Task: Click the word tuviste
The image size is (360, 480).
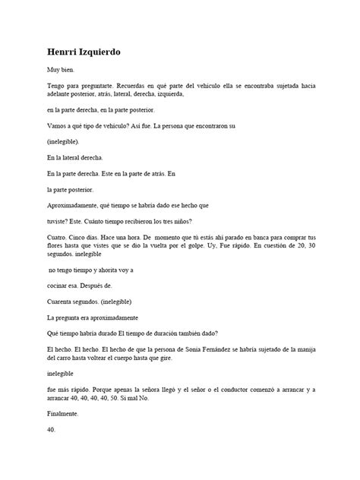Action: tap(58, 222)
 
